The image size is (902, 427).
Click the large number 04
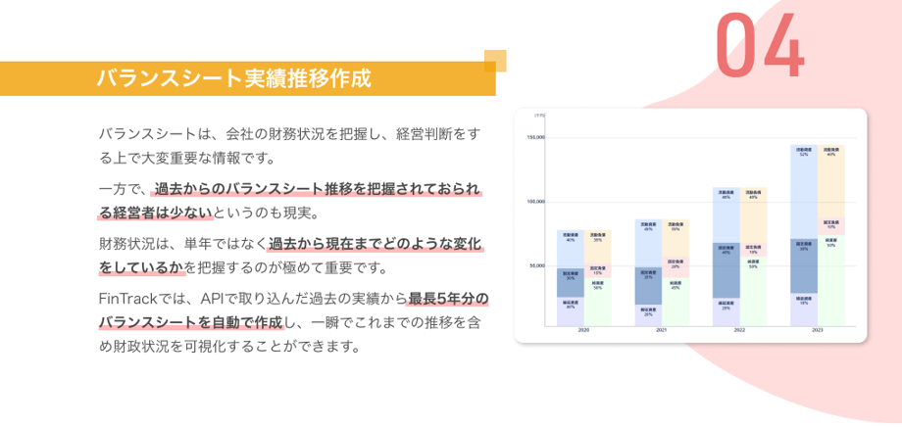point(760,46)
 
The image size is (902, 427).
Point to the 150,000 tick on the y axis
point(535,137)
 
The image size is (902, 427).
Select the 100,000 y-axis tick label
point(535,202)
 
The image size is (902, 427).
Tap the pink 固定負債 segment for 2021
point(676,263)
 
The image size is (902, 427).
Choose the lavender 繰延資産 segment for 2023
point(804,309)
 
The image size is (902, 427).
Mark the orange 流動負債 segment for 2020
point(597,244)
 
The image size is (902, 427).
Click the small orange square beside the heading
point(495,61)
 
